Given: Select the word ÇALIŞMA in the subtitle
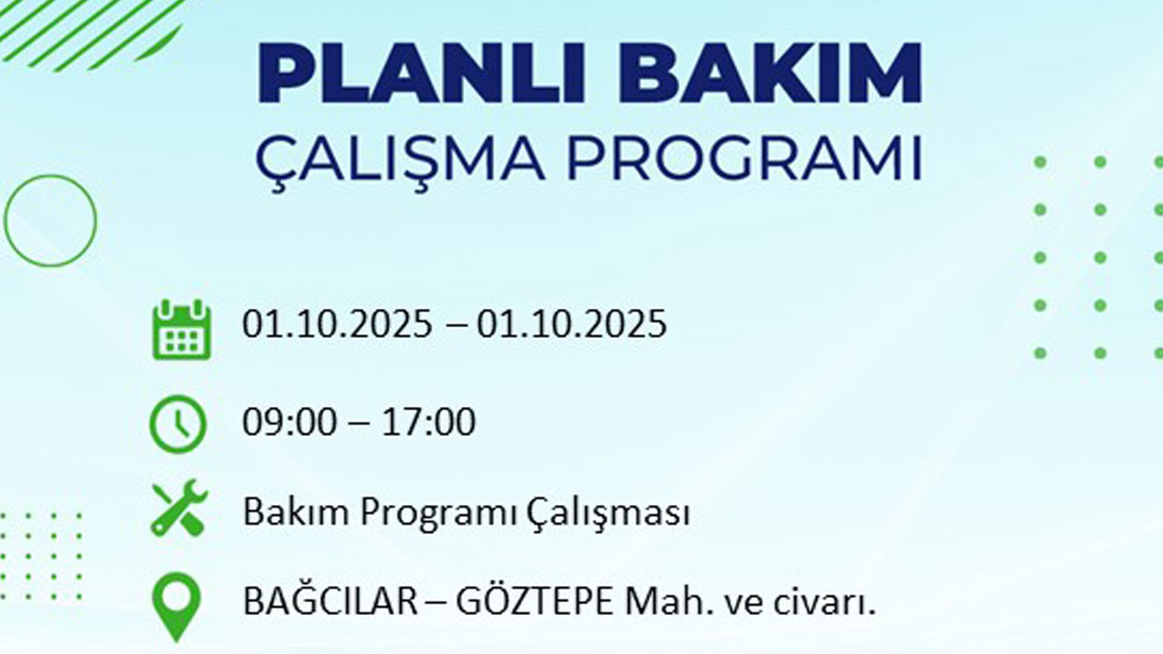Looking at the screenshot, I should [x=400, y=159].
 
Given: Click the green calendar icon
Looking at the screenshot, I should [x=181, y=329].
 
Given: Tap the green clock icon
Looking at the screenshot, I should [x=178, y=424].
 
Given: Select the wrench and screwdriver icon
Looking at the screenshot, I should [x=179, y=509].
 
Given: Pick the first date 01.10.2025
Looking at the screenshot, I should [x=337, y=324].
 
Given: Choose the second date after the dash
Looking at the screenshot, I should [x=572, y=324].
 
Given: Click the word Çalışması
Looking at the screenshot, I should [x=608, y=513].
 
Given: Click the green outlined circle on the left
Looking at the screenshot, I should [x=50, y=220].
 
